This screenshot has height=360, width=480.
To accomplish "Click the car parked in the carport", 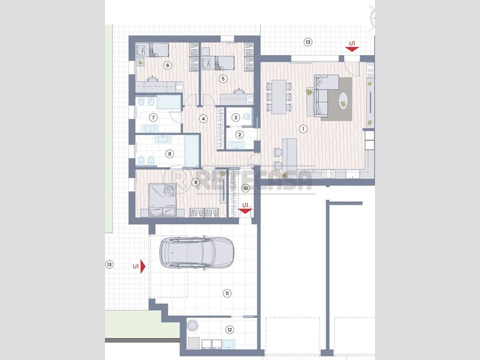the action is point(197,253).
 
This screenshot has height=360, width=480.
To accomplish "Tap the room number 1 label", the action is point(303,129).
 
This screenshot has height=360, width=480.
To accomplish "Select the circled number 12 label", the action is point(229,329).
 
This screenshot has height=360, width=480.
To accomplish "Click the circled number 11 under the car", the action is point(227,293).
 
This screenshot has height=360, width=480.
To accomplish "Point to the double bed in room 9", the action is point(163,200).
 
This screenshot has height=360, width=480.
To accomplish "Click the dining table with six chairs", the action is point(278,97).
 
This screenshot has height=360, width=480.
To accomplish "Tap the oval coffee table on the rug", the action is point(343,100).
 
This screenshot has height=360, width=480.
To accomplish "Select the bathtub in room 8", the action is point(192,151).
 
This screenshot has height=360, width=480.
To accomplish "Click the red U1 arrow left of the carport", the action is point(143,267).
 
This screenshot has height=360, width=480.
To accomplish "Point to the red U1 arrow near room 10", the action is point(245,211).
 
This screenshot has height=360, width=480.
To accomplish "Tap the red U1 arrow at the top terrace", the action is point(352,49).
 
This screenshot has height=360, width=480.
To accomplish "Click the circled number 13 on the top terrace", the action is point(308,42).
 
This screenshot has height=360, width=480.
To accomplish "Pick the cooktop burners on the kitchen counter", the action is point(328,174).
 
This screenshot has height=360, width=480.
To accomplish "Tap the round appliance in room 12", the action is point(192,325).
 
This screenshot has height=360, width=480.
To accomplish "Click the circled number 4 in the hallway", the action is point(203,119).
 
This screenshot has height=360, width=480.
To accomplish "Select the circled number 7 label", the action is point(153,117).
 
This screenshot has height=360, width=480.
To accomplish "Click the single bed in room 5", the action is point(218,63).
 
